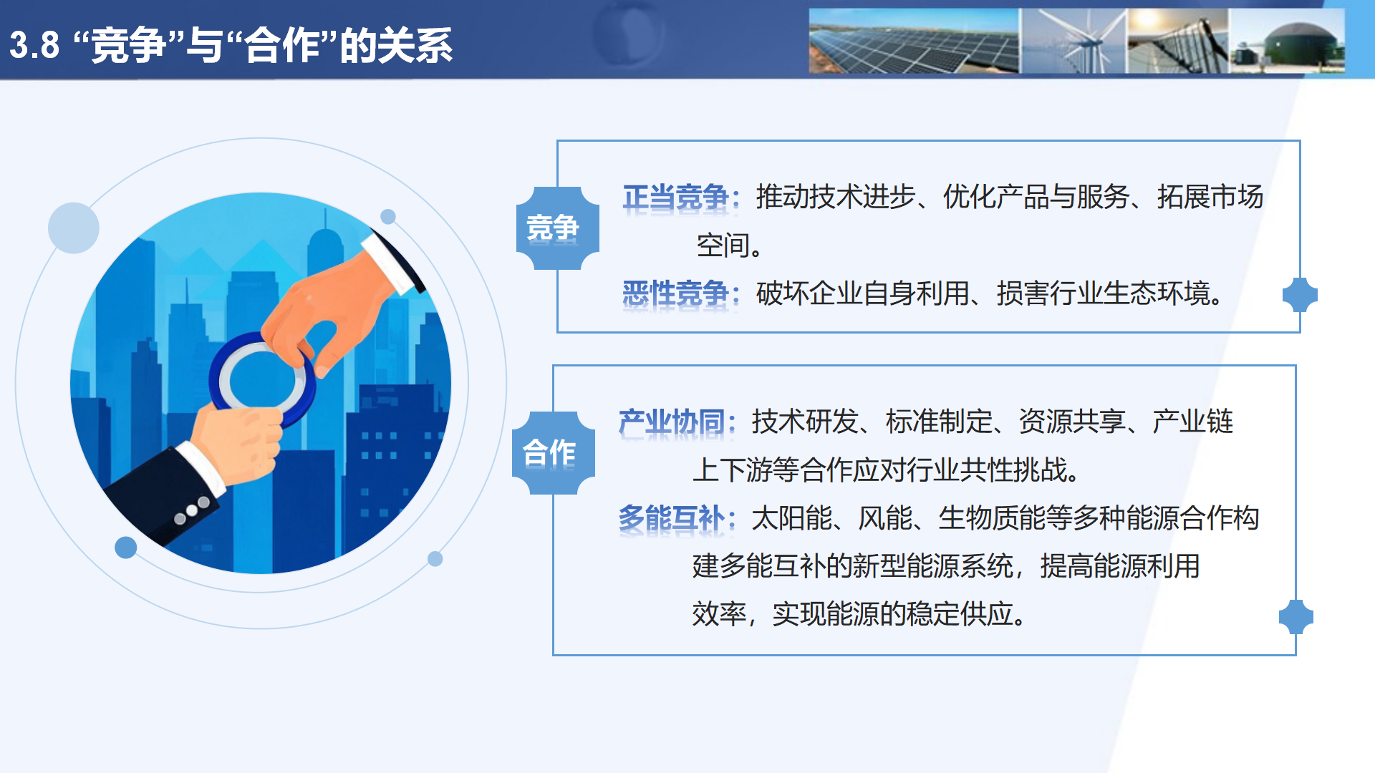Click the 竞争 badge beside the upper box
coord(557,228)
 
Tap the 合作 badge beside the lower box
coord(553,453)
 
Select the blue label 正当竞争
coord(675,197)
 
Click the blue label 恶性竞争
coord(675,293)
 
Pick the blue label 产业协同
coord(671,422)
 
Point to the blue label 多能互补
coord(671,517)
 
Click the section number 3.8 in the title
coord(34,45)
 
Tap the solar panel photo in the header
coord(913,42)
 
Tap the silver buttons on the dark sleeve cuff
coord(192,510)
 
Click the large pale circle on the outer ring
coord(74,228)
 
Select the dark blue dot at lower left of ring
coord(126,548)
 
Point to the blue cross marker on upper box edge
coord(1300,295)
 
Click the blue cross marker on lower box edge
coord(1296,617)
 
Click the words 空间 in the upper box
coord(723,245)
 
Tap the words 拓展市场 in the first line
coord(1210,197)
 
